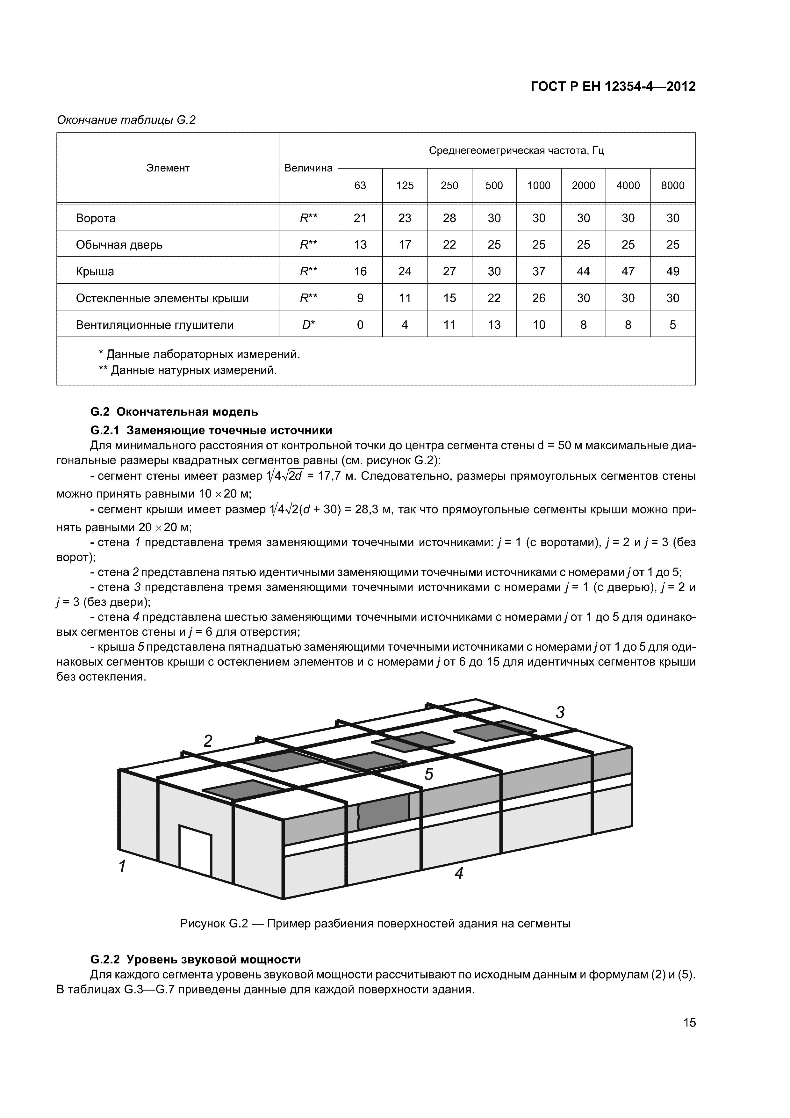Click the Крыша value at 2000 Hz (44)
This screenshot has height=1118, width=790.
pyautogui.click(x=583, y=271)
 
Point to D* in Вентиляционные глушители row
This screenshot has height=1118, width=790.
pyautogui.click(x=308, y=325)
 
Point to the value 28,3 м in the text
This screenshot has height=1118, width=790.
pyautogui.click(x=374, y=510)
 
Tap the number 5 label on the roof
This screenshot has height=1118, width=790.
pyautogui.click(x=428, y=775)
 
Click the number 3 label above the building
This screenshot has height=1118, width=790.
pyautogui.click(x=560, y=712)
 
